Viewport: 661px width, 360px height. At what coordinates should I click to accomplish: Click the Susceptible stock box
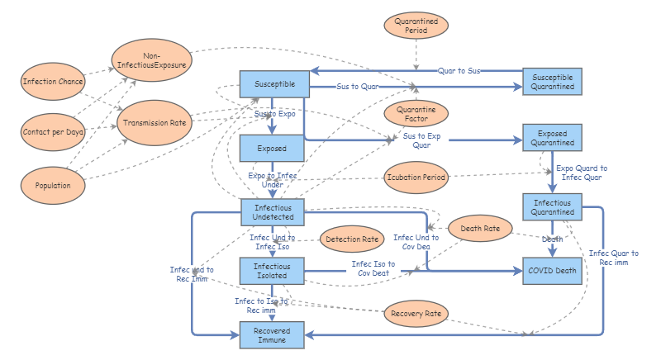coord(273,85)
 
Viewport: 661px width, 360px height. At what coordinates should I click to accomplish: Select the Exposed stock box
coord(273,149)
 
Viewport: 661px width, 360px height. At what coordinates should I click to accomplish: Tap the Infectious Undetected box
coord(273,211)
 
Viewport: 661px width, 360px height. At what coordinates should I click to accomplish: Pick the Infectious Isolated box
coord(273,270)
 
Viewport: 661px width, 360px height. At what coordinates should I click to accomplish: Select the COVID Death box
coord(553,270)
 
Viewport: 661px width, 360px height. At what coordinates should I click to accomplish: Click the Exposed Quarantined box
coord(553,137)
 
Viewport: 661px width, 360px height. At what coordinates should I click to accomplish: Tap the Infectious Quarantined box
coord(553,206)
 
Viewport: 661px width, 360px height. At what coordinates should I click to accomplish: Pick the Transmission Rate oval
coord(153,122)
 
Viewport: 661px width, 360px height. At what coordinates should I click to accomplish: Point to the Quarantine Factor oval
coord(416,112)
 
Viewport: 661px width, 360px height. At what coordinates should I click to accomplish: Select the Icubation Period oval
coord(417,177)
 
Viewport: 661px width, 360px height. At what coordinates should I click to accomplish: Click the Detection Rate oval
coord(352,239)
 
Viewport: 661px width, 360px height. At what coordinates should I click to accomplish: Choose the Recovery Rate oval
coord(417,313)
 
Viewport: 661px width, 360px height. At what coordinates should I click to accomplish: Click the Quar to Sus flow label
coord(459,71)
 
